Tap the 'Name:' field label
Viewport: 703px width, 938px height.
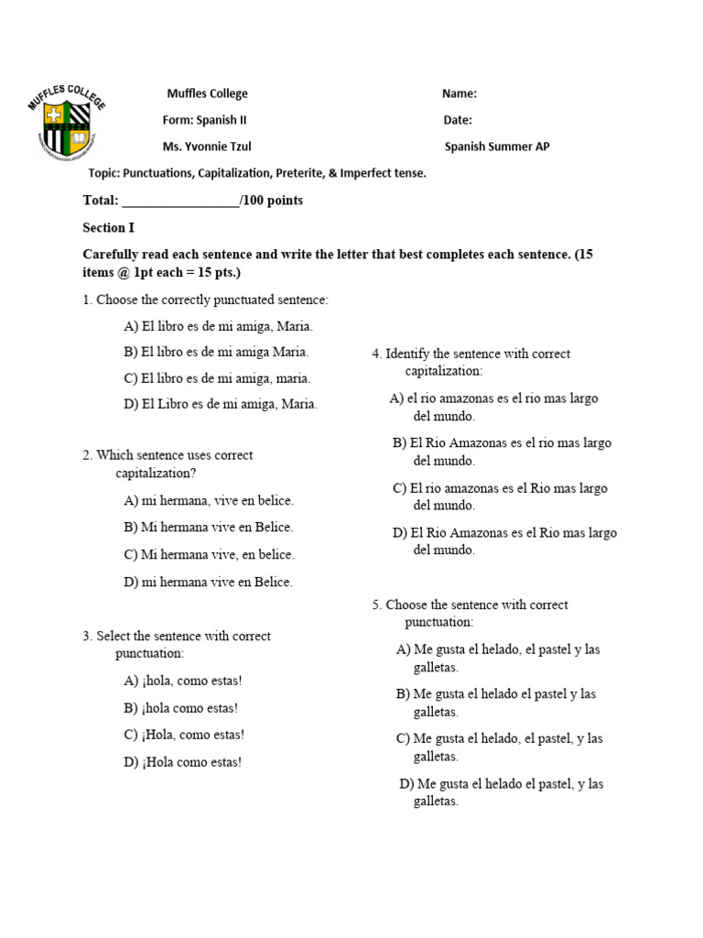point(460,93)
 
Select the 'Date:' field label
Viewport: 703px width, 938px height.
point(458,120)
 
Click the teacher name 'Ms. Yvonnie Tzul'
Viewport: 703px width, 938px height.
point(207,147)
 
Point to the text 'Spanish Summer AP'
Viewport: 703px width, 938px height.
point(497,147)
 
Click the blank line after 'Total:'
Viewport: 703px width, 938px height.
point(179,201)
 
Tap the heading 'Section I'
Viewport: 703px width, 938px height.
point(109,228)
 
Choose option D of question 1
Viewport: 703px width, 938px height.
point(221,404)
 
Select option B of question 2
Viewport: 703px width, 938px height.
point(209,528)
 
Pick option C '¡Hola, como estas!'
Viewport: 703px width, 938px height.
point(184,735)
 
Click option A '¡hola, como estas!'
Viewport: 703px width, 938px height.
point(183,681)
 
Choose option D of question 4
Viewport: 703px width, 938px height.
point(504,540)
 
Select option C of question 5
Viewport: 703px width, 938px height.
point(499,747)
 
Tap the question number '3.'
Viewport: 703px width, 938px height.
point(88,636)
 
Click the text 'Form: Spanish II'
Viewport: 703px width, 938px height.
point(204,120)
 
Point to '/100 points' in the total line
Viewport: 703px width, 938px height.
point(271,201)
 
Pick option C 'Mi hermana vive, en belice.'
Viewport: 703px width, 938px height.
point(209,555)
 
